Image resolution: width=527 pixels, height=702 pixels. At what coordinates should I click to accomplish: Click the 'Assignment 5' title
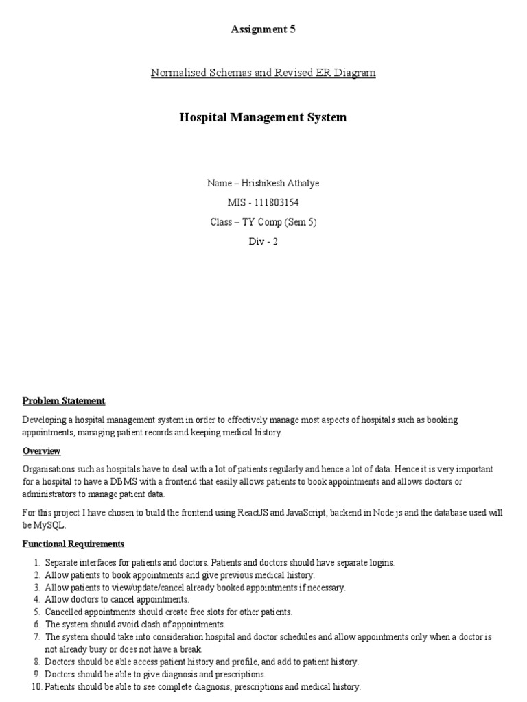(x=263, y=29)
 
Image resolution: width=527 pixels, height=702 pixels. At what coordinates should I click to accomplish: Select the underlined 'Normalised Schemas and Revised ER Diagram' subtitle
(x=263, y=73)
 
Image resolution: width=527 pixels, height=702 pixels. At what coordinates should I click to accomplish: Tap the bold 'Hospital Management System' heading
(x=263, y=117)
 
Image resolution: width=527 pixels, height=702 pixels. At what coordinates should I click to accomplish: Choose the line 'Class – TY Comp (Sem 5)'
(x=263, y=222)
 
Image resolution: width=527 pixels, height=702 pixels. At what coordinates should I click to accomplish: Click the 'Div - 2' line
(x=263, y=241)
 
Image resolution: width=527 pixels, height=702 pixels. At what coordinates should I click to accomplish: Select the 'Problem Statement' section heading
(x=64, y=401)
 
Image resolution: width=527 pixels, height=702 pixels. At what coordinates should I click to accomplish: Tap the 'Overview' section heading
(x=42, y=451)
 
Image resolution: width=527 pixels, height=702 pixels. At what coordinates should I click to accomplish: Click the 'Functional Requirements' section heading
(x=73, y=544)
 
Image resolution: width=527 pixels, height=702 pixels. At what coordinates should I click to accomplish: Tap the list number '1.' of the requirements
(x=36, y=563)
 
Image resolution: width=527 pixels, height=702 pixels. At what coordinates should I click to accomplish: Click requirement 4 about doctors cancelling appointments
(x=116, y=600)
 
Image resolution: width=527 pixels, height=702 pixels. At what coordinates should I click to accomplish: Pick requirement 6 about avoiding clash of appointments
(x=134, y=625)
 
